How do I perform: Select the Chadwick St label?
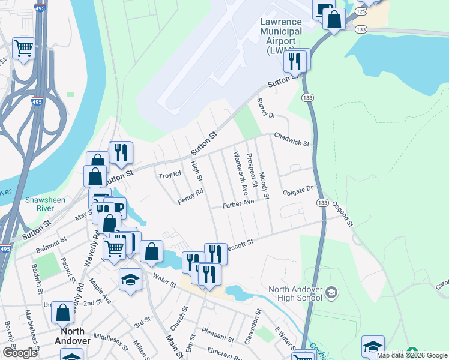pos(291,140)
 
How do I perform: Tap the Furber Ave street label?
pos(239,203)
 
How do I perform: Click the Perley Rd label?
pos(191,196)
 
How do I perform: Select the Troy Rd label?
pos(169,175)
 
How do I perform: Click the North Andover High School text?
pos(295,294)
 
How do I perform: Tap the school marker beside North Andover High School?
pos(331,294)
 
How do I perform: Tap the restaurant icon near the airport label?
pos(295,61)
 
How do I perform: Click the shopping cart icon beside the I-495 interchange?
pos(23,48)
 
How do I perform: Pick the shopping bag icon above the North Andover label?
pos(63,312)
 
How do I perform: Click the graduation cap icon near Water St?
pos(130,280)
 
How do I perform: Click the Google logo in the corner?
pos(20,353)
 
